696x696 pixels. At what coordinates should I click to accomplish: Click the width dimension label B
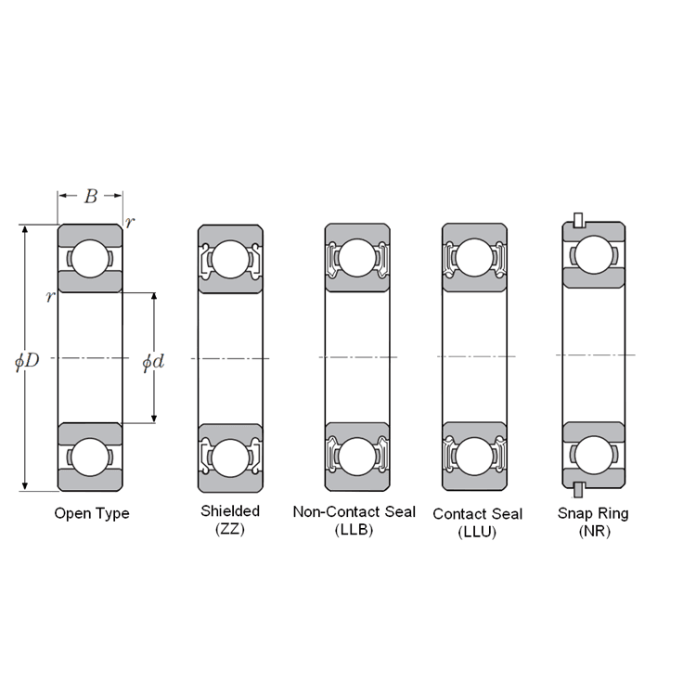point(91,196)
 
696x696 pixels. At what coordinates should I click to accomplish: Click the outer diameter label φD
point(27,361)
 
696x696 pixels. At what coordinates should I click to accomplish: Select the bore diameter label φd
point(153,362)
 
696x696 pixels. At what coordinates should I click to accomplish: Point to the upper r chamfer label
point(129,222)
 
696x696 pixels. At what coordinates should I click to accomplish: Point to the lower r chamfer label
point(50,296)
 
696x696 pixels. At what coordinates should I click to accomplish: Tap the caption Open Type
point(92,513)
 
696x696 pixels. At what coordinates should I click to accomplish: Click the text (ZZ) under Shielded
point(230,530)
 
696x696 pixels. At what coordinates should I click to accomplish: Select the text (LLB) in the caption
point(354,530)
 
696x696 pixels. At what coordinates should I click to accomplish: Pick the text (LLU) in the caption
point(477,533)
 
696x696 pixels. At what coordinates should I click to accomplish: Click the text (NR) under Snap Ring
point(594,532)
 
